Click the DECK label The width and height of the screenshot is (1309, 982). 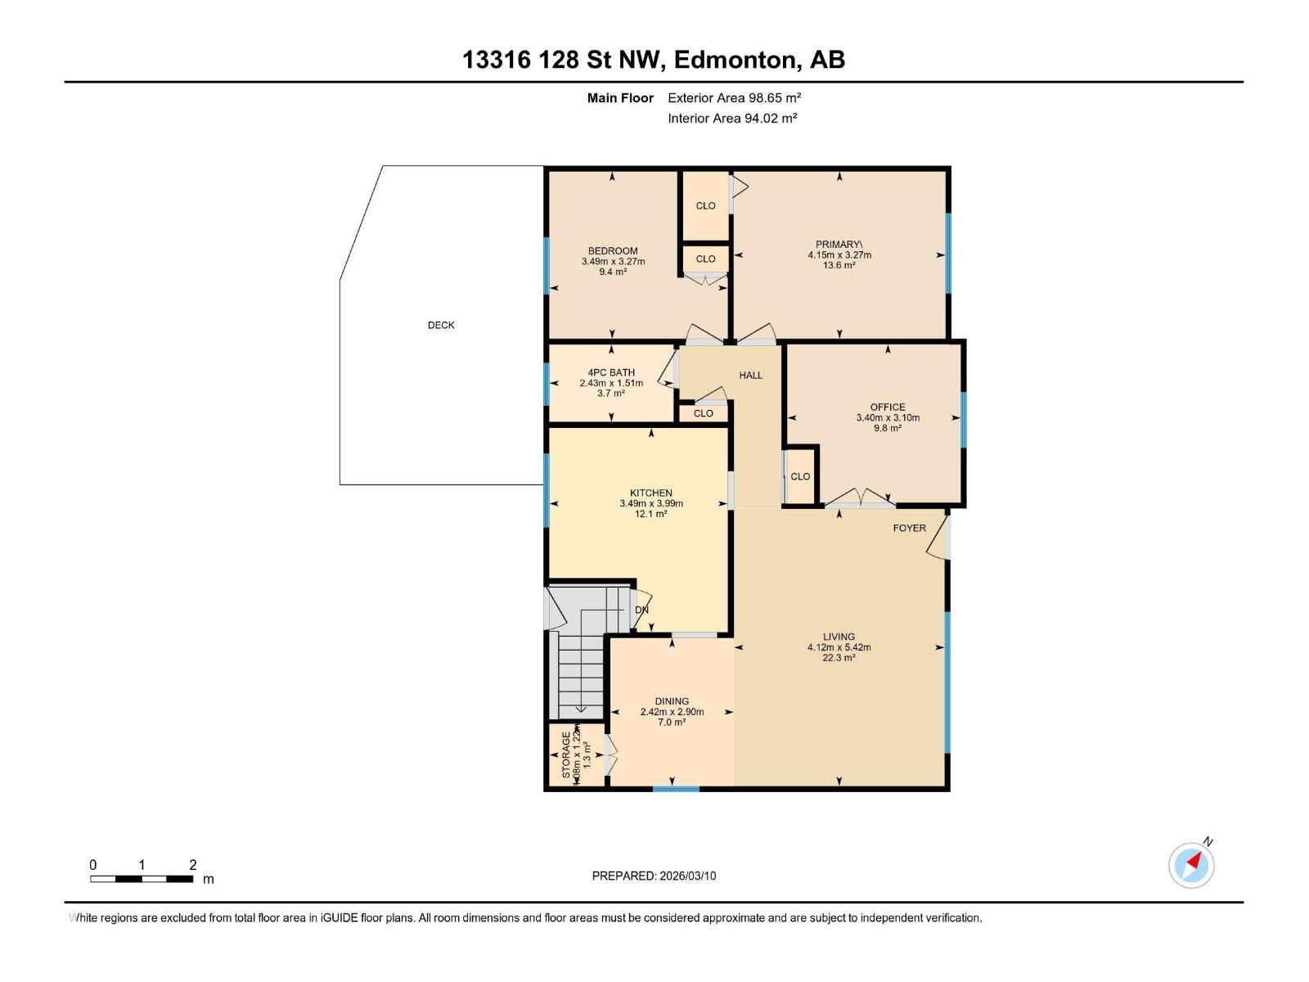point(441,325)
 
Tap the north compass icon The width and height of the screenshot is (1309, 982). point(1191,865)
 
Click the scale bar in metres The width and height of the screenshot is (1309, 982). point(142,879)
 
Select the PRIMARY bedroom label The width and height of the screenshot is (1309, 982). point(839,245)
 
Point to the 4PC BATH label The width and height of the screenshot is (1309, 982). point(611,372)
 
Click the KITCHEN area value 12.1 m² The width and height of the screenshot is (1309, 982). point(651,514)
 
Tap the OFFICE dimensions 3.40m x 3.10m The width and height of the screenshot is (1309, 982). point(888,417)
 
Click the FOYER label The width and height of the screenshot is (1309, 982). point(909,528)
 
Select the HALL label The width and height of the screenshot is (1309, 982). point(750,376)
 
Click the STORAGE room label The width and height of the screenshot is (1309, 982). point(566,755)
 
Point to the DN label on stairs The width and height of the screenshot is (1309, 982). point(641,610)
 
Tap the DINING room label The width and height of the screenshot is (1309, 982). point(672,701)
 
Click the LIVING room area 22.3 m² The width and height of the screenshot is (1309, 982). point(839,657)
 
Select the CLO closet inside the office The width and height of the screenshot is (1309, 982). point(800,476)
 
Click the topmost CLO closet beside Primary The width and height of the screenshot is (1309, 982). point(705,205)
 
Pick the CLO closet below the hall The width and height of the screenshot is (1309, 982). point(703,413)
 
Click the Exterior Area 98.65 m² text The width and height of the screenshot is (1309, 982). point(734,97)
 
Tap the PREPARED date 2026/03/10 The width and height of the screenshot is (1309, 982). point(654,876)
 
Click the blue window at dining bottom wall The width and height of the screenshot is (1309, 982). point(676,789)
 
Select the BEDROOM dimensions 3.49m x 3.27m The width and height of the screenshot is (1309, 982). point(613,262)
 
